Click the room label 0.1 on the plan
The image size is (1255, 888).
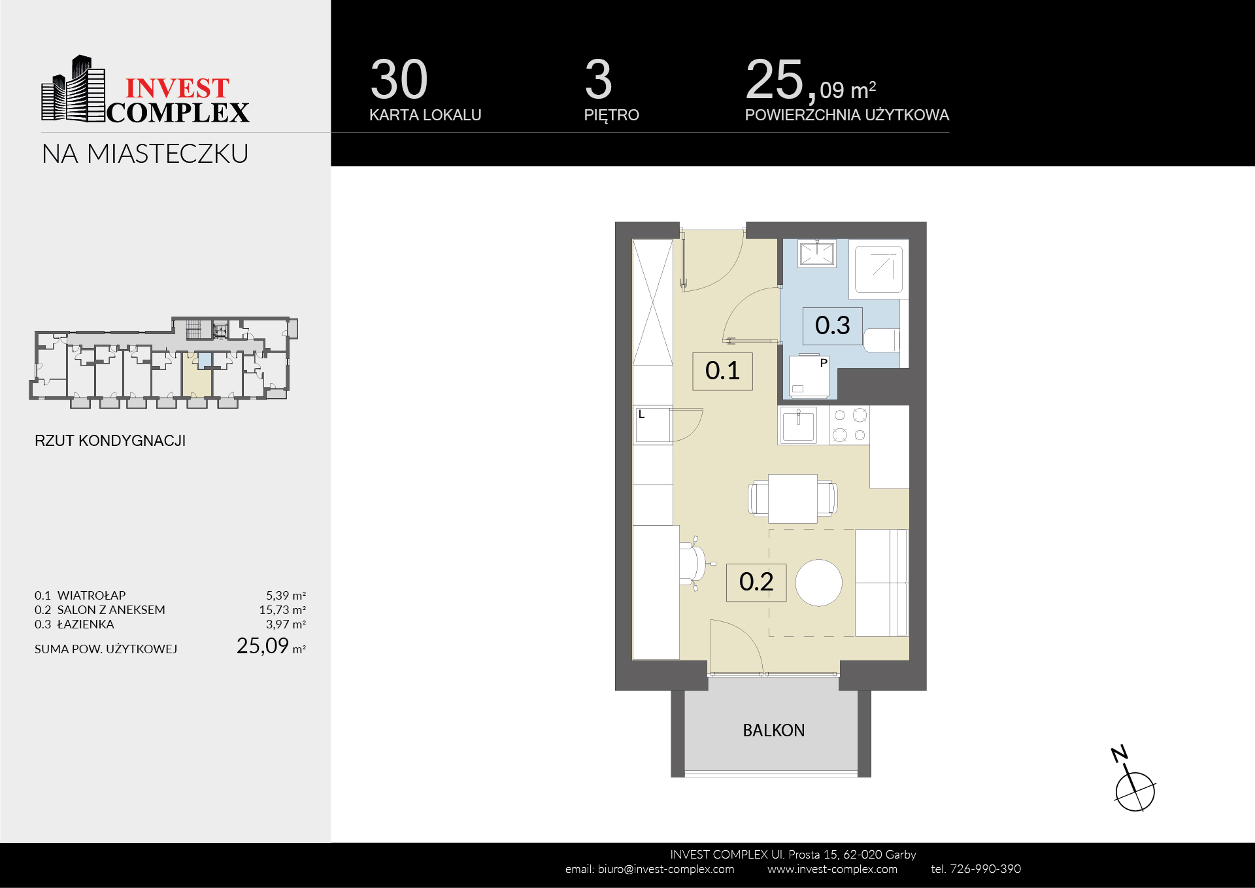pos(722,371)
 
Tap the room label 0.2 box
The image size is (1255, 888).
pos(756,582)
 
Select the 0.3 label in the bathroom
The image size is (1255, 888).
pos(832,326)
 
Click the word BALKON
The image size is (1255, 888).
pos(773,730)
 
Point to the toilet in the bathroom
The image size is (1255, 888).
pos(882,340)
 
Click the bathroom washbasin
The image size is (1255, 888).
pos(816,254)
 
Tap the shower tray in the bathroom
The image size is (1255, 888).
pos(879,269)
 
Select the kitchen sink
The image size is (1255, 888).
pos(798,425)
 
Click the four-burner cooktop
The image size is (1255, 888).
pos(850,425)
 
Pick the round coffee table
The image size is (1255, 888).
pos(818,583)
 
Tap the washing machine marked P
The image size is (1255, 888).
pos(809,377)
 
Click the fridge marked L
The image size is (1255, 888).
pos(653,425)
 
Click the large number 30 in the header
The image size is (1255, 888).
pos(399,80)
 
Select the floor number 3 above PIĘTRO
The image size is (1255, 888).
pos(598,80)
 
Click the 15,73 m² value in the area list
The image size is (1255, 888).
pos(282,610)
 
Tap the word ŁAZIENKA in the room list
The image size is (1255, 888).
pos(86,624)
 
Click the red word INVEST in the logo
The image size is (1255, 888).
pos(177,88)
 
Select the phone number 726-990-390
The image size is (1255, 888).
pos(985,869)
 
